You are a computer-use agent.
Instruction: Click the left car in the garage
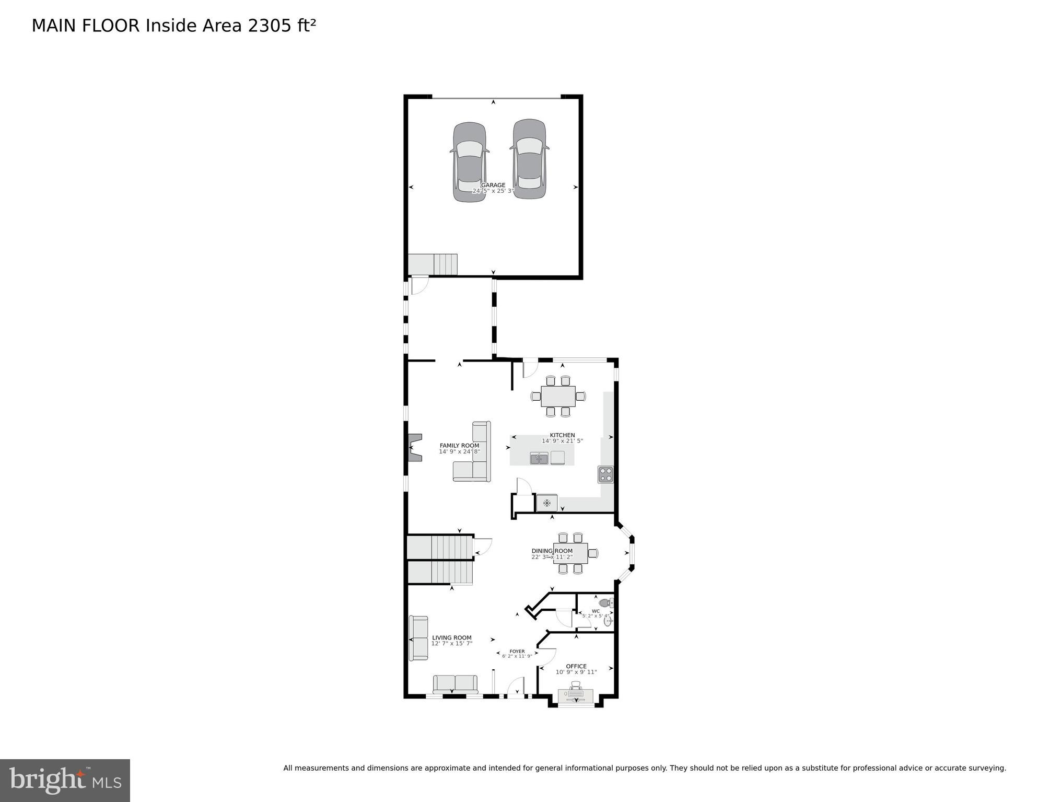(x=470, y=162)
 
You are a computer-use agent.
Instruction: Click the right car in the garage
(x=529, y=159)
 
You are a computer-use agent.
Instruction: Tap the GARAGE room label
(x=493, y=185)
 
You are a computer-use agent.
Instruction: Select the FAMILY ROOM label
(x=459, y=446)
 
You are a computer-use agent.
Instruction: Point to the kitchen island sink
(x=539, y=459)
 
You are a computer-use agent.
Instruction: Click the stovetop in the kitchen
(x=605, y=474)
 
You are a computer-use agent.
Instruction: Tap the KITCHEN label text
(x=562, y=435)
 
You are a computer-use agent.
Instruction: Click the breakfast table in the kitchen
(x=558, y=396)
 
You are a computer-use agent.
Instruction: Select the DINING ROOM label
(x=552, y=551)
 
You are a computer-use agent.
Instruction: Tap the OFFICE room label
(x=576, y=666)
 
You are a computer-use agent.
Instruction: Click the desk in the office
(x=576, y=696)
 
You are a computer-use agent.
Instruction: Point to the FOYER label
(x=517, y=652)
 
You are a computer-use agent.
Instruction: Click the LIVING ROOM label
(x=451, y=637)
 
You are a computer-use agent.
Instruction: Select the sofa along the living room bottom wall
(x=455, y=684)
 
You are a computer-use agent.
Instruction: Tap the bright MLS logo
(x=65, y=781)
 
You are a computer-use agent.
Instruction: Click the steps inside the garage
(x=433, y=264)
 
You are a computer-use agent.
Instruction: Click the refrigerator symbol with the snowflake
(x=546, y=503)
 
